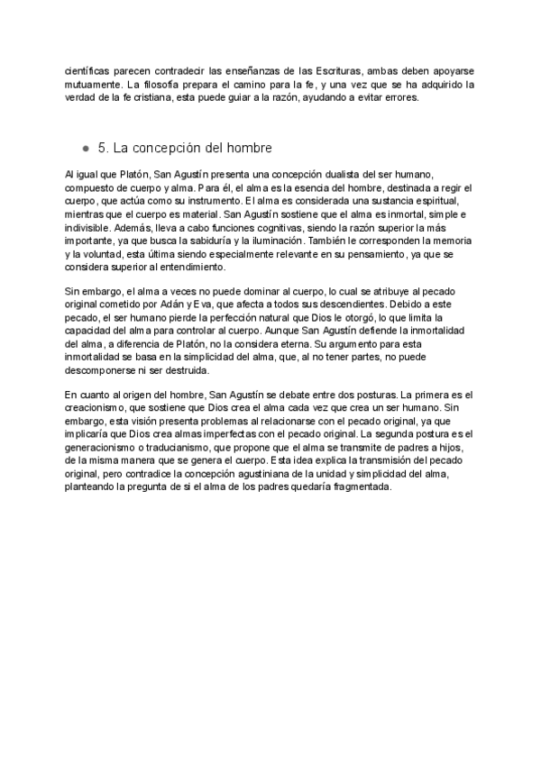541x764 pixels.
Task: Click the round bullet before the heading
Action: (85, 148)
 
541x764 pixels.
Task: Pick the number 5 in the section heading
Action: (101, 147)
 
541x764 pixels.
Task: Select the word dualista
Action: (351, 173)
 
